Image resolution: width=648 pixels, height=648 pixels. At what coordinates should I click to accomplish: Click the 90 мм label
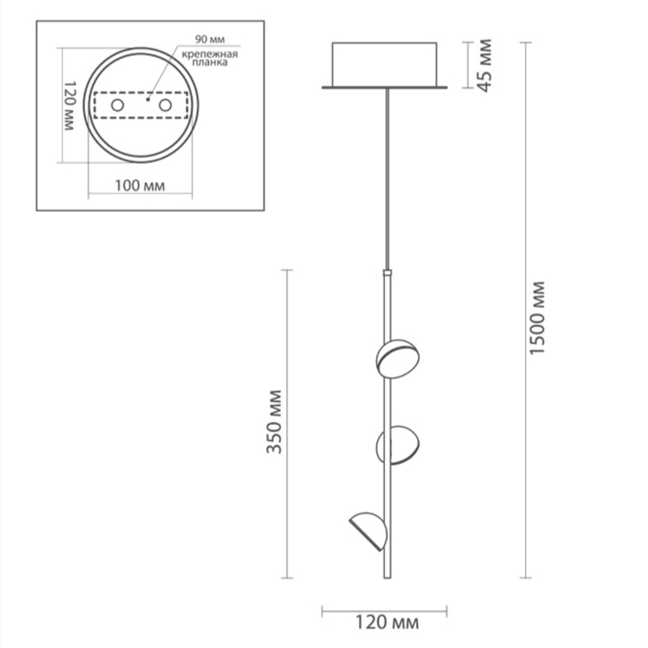click(210, 39)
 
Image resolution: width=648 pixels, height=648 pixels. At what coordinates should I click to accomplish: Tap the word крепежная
click(210, 54)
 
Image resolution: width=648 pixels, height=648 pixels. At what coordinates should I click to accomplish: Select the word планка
click(210, 62)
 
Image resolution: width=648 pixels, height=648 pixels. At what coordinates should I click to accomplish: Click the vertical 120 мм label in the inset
click(70, 106)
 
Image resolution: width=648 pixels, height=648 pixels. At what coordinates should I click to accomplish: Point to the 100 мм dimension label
click(139, 185)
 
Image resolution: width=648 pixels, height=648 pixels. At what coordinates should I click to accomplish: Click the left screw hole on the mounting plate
click(117, 105)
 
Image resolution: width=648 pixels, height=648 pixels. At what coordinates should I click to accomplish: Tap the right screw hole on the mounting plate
click(165, 105)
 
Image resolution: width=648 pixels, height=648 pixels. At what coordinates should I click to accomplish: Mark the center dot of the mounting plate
click(147, 100)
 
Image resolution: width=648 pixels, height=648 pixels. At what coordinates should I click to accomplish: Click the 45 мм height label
click(484, 66)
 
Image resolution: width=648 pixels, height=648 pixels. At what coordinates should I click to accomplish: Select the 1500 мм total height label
click(537, 318)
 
